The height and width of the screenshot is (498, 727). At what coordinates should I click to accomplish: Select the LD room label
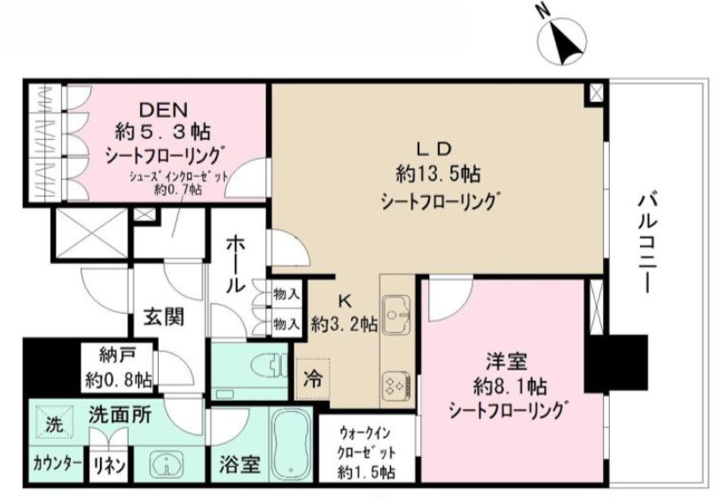(437, 146)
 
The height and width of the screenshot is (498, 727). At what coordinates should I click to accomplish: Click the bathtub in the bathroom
(292, 446)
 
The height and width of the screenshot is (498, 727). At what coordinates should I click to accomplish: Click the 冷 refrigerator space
(312, 376)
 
